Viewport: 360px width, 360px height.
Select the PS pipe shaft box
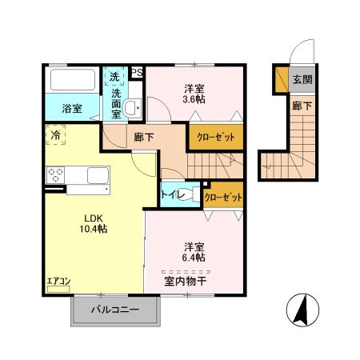tap(137, 72)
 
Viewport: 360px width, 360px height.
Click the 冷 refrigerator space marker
tap(57, 136)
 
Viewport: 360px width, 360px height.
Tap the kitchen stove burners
tap(57, 175)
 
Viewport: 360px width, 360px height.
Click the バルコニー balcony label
tap(114, 309)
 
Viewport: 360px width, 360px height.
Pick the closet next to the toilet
tap(223, 196)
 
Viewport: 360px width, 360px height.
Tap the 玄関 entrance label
tap(302, 79)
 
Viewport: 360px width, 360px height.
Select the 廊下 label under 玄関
tap(302, 104)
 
